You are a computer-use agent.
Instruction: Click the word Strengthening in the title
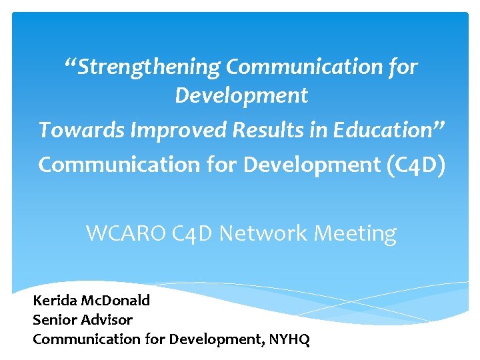pos(149,67)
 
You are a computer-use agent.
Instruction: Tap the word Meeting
pos(359,233)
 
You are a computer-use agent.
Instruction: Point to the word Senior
pos(53,319)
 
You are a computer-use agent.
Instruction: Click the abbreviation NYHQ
pos(289,339)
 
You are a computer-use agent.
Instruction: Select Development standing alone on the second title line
pos(241,96)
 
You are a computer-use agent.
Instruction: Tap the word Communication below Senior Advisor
pos(87,339)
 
